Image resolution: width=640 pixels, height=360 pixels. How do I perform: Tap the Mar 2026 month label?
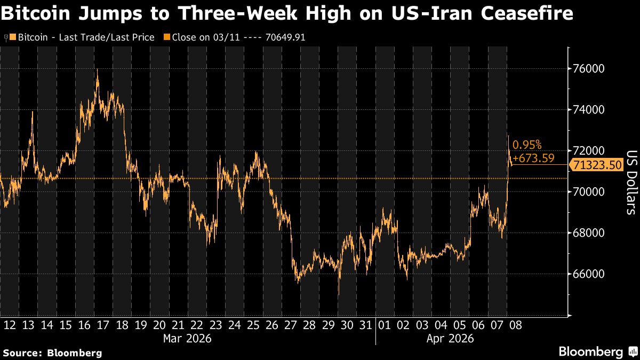pyautogui.click(x=188, y=338)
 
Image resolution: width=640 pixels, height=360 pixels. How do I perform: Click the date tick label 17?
pyautogui.click(x=103, y=325)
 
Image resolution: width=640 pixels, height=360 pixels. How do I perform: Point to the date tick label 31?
pyautogui.click(x=366, y=325)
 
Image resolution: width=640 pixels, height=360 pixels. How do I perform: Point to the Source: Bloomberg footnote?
pyautogui.click(x=52, y=353)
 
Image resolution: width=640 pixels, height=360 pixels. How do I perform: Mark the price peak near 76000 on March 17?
pyautogui.click(x=97, y=70)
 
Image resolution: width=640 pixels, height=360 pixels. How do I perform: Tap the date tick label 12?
pyautogui.click(x=10, y=325)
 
